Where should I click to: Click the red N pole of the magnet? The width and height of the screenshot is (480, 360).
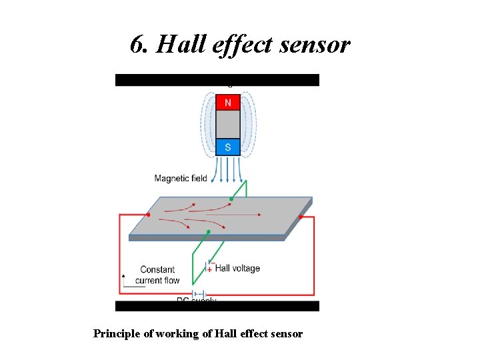tap(228, 103)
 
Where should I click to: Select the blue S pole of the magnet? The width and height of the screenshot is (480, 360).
tap(228, 147)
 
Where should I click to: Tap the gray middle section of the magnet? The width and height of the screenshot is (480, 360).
tap(228, 125)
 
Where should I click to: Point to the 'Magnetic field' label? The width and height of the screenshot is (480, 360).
tap(181, 178)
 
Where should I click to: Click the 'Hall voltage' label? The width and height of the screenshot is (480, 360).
tap(237, 268)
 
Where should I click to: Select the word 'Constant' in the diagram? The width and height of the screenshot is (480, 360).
tap(157, 269)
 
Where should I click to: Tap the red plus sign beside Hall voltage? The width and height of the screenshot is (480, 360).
tap(209, 269)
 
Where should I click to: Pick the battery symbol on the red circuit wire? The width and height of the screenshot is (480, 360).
tap(198, 295)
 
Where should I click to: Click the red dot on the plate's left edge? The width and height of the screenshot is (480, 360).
tap(148, 215)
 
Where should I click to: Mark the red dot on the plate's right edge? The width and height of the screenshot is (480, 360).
tap(301, 217)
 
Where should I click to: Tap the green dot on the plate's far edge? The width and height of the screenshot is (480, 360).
tap(231, 198)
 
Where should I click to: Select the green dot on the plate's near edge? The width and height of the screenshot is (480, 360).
tap(209, 231)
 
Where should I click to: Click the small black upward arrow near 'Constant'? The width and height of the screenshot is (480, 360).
tap(123, 275)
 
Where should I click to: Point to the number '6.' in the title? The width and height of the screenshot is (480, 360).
tap(139, 45)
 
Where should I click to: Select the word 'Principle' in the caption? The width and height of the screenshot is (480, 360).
tap(117, 333)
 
